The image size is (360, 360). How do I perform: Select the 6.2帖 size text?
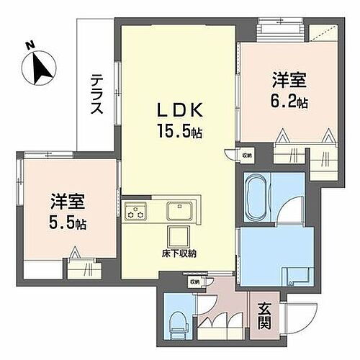289,103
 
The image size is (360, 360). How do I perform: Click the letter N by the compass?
30,45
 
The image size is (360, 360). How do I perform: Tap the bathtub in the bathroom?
256,197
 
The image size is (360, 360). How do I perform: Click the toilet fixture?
176,324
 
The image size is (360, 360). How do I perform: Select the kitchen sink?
180,211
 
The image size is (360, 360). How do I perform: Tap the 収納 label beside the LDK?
247,153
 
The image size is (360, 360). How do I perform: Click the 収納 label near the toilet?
194,283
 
